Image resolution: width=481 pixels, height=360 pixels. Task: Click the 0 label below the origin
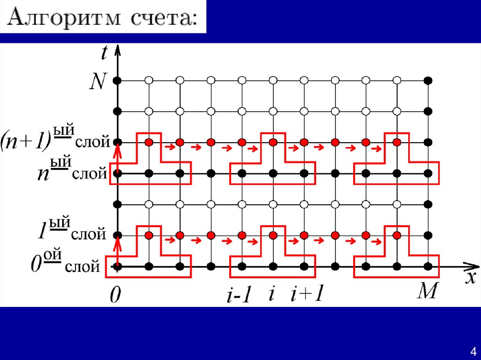(114, 296)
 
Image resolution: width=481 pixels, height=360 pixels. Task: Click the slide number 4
(473, 352)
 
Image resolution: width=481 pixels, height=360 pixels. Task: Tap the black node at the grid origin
(117, 267)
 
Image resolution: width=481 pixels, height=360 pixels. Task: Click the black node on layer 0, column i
(272, 267)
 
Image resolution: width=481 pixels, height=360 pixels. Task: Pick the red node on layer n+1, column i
(272, 142)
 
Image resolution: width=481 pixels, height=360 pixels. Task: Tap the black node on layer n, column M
(427, 173)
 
